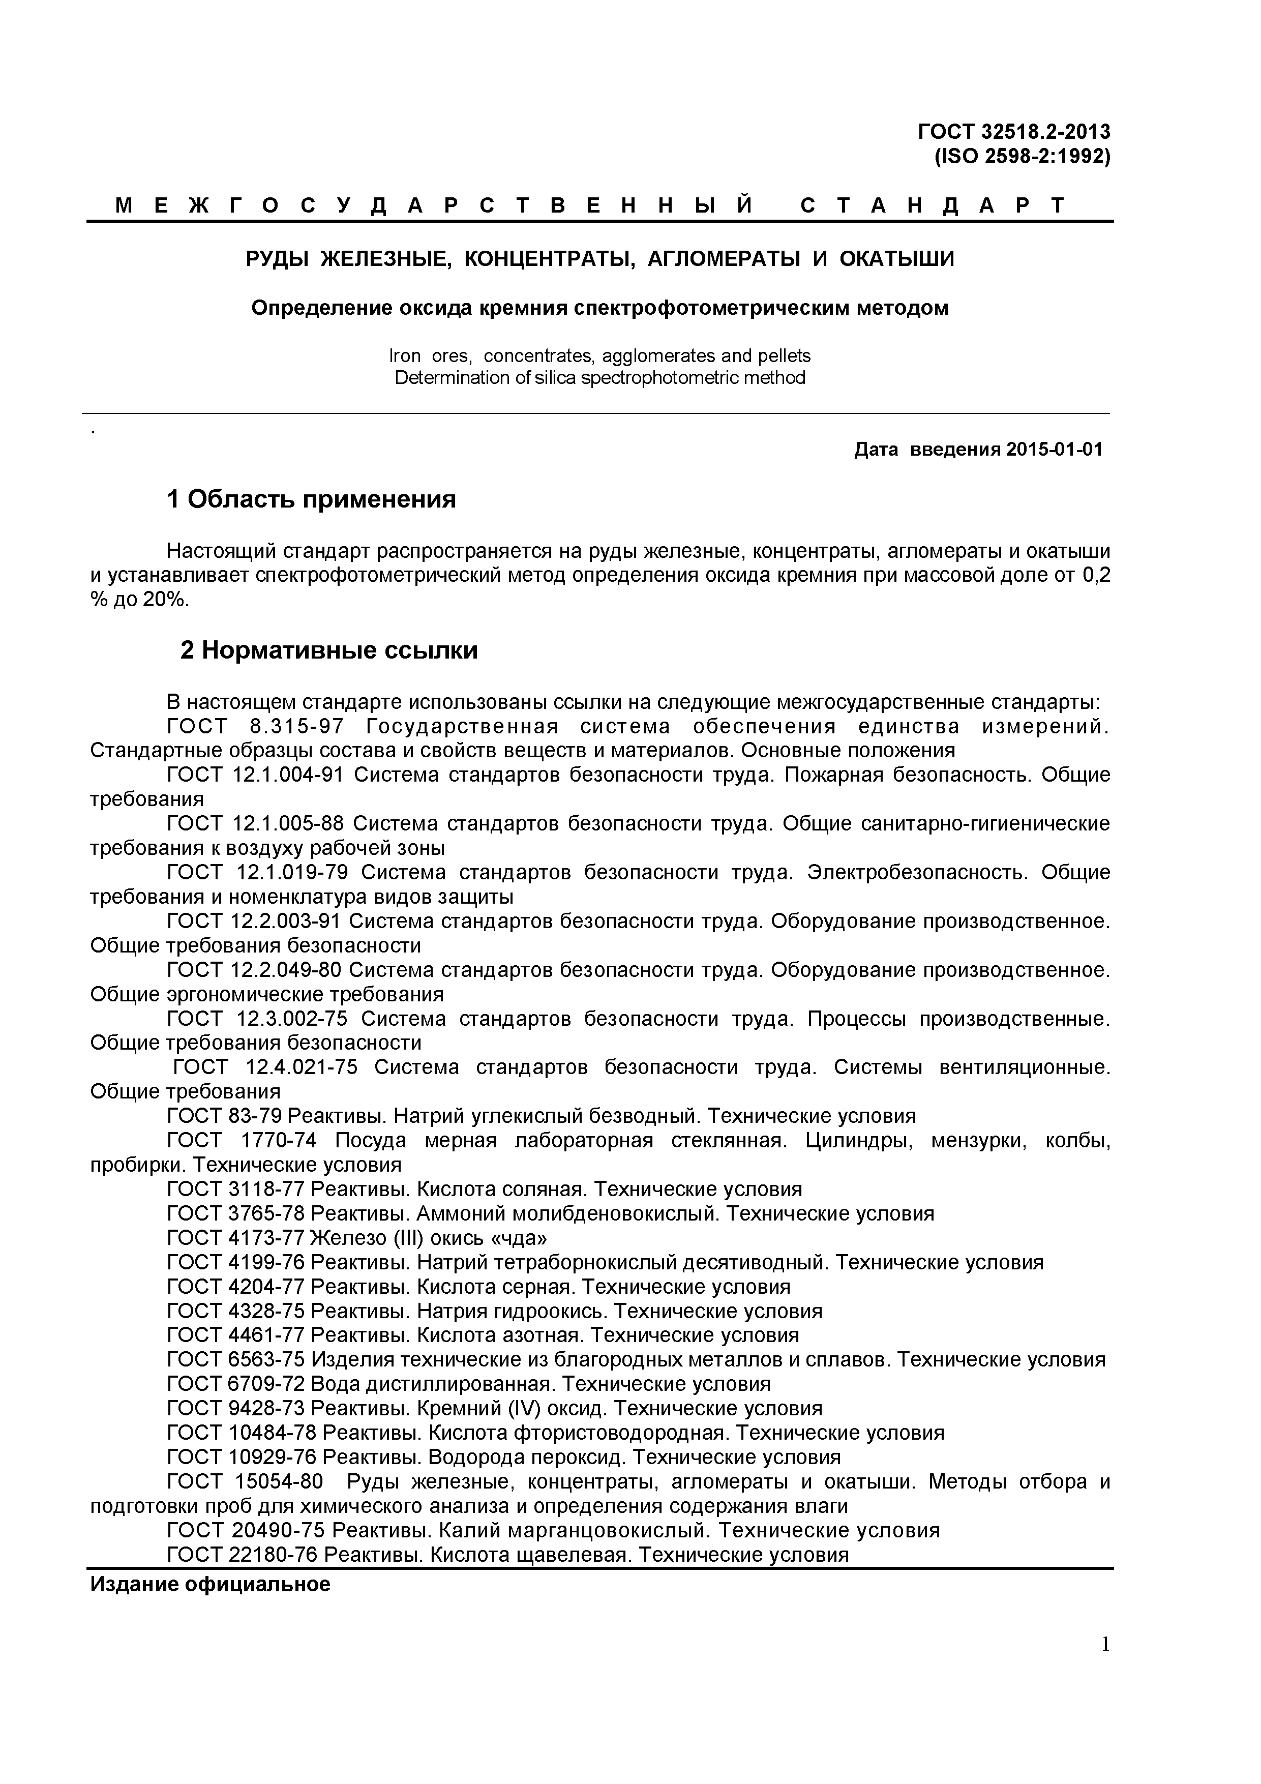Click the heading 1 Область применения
pyautogui.click(x=312, y=499)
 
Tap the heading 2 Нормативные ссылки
pyautogui.click(x=328, y=649)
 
